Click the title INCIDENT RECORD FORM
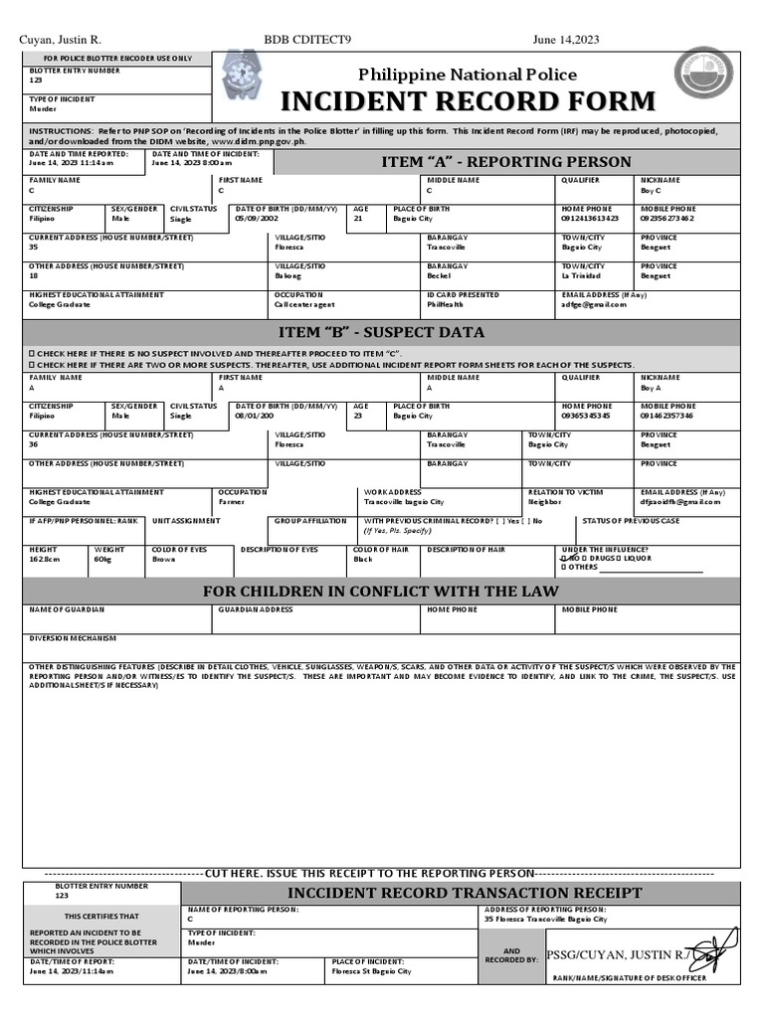tap(469, 101)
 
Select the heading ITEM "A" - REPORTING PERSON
tap(506, 162)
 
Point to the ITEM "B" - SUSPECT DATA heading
tap(381, 332)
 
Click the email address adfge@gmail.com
tap(594, 304)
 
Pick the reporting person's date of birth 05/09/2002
tap(258, 218)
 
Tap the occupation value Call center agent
tap(304, 304)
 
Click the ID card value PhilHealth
tap(447, 304)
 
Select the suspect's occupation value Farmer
tap(232, 502)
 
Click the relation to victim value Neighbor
tap(544, 502)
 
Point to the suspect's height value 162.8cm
tap(45, 560)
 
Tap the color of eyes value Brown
tap(163, 560)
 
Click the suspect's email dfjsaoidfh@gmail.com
tap(680, 502)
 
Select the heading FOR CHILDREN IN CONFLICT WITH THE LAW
tap(381, 592)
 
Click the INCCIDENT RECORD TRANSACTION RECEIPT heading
tap(465, 893)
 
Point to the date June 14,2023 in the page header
tap(566, 40)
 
